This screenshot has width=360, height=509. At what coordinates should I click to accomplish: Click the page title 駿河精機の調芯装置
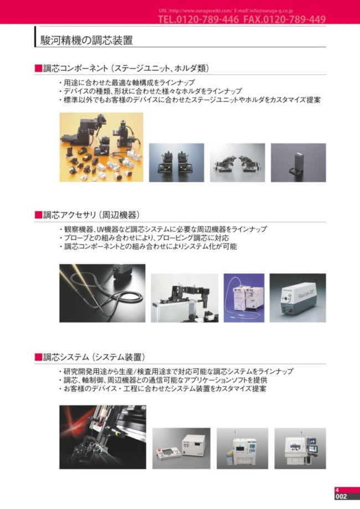(x=86, y=40)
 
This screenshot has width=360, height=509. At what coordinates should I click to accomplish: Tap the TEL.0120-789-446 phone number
(x=198, y=19)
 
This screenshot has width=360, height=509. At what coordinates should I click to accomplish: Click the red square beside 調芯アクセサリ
(x=38, y=214)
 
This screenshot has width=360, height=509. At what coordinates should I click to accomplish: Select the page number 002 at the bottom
(x=342, y=497)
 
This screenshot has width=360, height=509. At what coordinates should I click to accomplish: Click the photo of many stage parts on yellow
(x=101, y=147)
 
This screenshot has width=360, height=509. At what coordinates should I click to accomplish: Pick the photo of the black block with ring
(x=298, y=162)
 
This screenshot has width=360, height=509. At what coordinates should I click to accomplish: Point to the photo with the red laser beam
(x=102, y=437)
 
